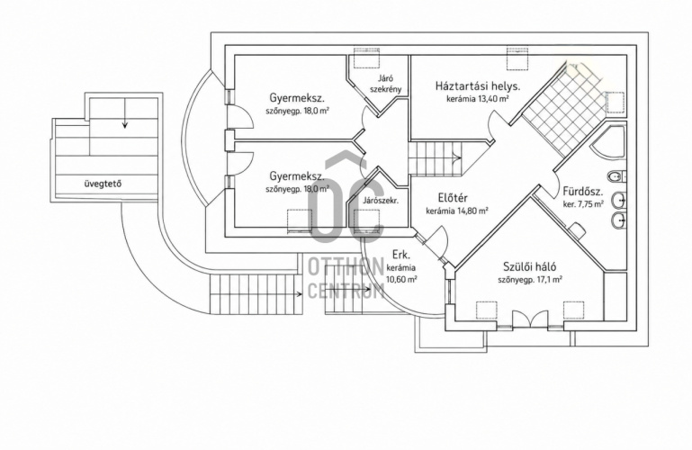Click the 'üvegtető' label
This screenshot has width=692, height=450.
tap(103, 184)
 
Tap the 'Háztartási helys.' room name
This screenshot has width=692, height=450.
tap(478, 86)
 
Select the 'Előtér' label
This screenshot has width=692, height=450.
tap(453, 198)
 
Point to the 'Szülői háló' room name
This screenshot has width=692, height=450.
tap(530, 266)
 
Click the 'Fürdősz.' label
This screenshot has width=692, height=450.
tap(583, 192)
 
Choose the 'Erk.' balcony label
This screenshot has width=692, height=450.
tap(401, 255)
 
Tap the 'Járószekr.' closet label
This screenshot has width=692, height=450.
tap(381, 201)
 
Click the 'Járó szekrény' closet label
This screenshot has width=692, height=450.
tap(385, 84)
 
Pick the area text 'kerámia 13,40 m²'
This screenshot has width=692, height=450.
tap(478, 99)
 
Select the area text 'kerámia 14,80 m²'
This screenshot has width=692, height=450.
tap(457, 211)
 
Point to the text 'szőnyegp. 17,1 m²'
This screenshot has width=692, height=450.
tap(530, 280)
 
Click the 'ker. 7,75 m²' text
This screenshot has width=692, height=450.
tap(583, 204)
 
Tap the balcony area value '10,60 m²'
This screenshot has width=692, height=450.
tap(401, 279)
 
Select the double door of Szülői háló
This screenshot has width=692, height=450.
tap(530, 319)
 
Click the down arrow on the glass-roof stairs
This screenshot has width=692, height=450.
tap(125, 113)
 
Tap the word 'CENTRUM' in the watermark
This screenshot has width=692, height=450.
tap(346, 291)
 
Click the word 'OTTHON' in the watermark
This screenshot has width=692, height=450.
tap(346, 267)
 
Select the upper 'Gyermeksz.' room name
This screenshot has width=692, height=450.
tap(298, 98)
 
